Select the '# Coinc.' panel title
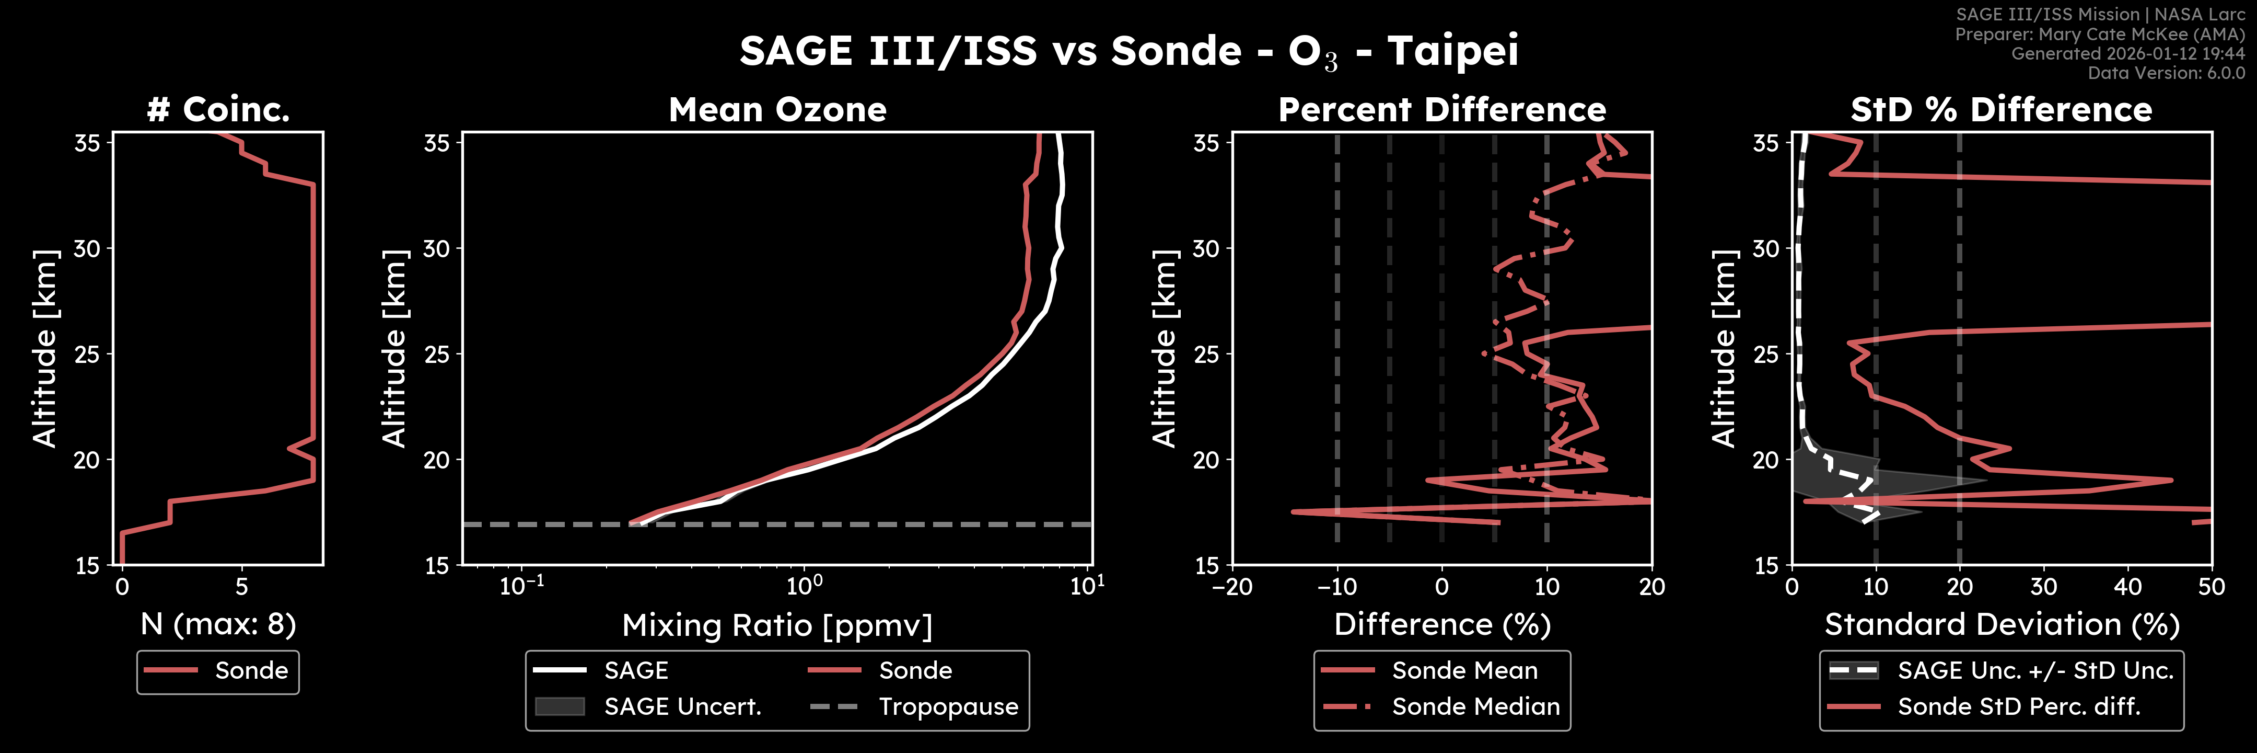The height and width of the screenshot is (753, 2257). tap(218, 110)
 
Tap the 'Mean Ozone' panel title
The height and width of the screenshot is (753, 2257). tap(777, 110)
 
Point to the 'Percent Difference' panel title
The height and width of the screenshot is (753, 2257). tap(1442, 110)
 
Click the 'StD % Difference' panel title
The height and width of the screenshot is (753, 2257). tap(2001, 110)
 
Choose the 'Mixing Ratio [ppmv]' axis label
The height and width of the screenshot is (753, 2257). tap(777, 625)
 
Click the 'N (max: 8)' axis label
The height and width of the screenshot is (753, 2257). tap(218, 624)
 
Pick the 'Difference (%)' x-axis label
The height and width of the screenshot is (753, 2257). tap(1442, 624)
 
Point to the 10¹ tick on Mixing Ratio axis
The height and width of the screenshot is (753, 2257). tap(1087, 586)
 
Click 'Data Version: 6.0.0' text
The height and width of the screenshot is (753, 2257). tap(2166, 73)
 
